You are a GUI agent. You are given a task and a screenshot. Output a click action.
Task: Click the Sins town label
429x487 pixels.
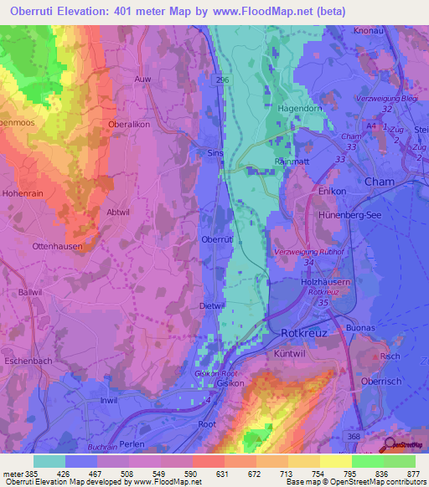click(214, 153)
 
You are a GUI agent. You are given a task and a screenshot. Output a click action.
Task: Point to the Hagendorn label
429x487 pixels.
click(301, 108)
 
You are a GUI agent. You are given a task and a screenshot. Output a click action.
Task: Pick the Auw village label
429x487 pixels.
click(142, 79)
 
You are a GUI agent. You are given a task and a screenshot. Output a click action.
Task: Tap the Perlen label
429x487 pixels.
click(132, 443)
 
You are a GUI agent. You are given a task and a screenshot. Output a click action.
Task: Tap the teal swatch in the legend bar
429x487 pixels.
click(49, 461)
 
